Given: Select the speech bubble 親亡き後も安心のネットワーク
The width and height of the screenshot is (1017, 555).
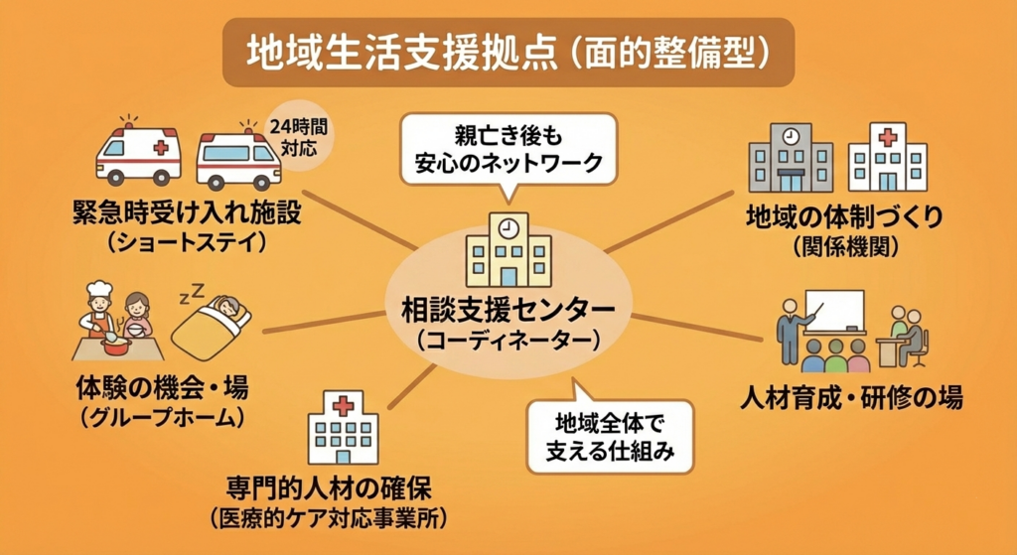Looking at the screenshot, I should point(508,146).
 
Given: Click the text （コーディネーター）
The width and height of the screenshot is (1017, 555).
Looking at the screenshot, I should point(508,341).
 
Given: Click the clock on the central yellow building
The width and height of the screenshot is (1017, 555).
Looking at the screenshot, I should point(508,227).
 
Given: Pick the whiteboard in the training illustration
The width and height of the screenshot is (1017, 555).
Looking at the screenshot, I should point(835,311).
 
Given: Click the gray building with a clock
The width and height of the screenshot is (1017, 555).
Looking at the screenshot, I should point(791,157).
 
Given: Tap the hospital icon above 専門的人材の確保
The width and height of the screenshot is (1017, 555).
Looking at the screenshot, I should point(343,427).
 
